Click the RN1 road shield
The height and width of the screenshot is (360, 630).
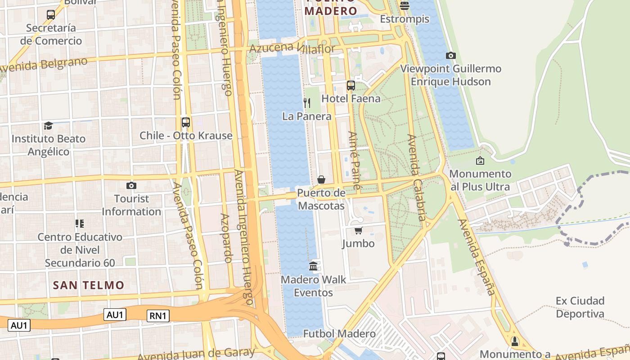[x=158, y=316]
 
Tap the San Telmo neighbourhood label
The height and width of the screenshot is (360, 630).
[x=88, y=285]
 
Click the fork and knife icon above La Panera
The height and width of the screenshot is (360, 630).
[x=307, y=103]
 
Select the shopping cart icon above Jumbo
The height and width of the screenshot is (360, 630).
[x=358, y=231]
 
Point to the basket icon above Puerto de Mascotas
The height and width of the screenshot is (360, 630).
[x=321, y=180]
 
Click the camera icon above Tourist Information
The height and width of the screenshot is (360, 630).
[x=131, y=185]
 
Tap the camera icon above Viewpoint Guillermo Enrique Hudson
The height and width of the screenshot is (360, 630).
[x=450, y=56]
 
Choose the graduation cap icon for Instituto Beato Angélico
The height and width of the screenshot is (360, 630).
[x=48, y=126]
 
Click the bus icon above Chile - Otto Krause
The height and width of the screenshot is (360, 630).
[x=185, y=122]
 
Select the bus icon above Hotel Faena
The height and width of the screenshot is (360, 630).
[x=351, y=85]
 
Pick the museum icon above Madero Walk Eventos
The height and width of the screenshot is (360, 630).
[x=313, y=266]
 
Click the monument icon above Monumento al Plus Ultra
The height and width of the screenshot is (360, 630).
[x=480, y=161]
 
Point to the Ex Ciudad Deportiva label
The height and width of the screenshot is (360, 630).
[x=580, y=307]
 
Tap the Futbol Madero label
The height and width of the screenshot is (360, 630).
[x=339, y=333]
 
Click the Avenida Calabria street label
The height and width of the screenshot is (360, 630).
[x=416, y=177]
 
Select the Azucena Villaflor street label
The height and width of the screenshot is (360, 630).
[x=292, y=48]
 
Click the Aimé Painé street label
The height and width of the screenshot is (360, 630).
[x=354, y=160]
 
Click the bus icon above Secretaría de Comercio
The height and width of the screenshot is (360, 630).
[x=51, y=14]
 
